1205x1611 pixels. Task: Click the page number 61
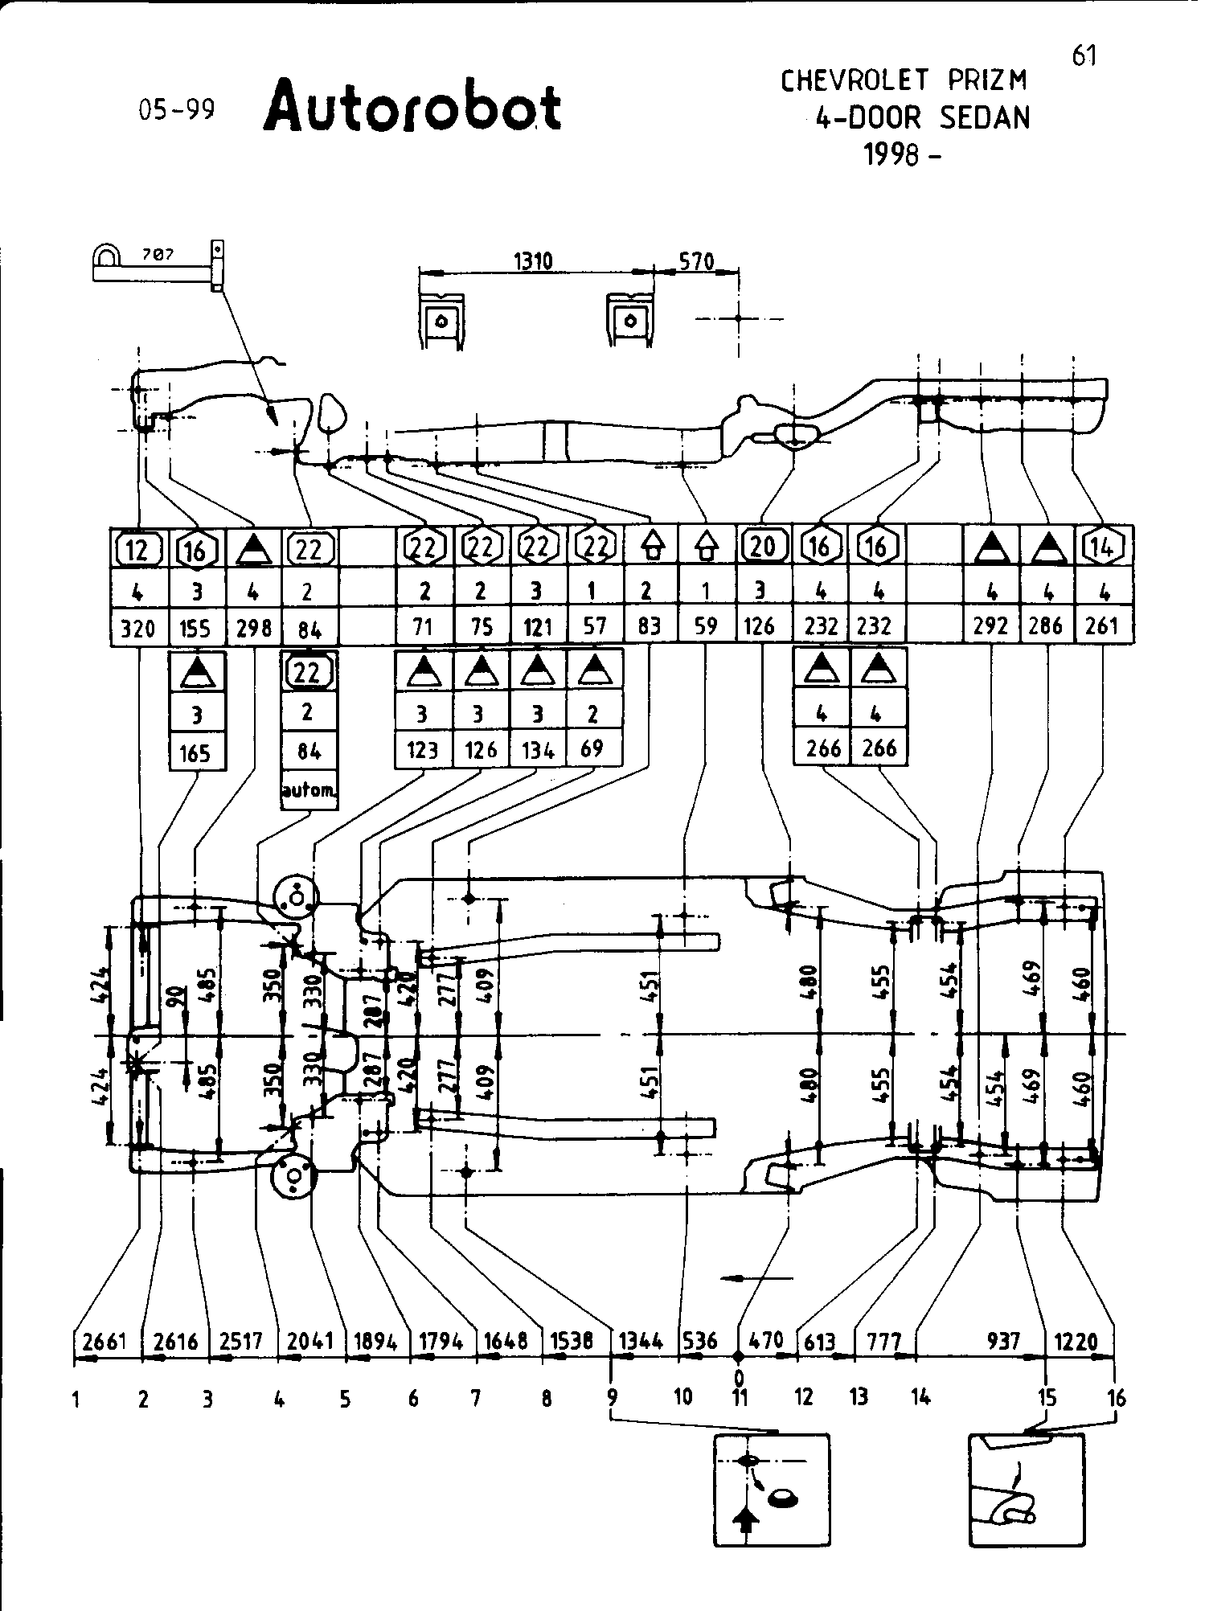click(x=1084, y=55)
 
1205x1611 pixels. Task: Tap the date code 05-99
click(x=177, y=109)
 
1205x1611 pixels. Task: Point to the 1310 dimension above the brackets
click(x=532, y=260)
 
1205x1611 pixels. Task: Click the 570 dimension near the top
click(x=696, y=260)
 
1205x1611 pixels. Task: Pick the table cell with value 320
click(x=137, y=627)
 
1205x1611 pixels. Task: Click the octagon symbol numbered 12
click(x=138, y=550)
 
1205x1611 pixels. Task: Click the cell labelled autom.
click(x=309, y=790)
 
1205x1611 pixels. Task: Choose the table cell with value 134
click(x=537, y=750)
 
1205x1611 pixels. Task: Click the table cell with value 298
click(x=253, y=627)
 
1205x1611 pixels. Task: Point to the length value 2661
click(x=105, y=1341)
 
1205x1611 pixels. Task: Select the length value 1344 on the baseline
click(x=641, y=1341)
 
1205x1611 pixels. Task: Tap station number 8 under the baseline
click(x=547, y=1399)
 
